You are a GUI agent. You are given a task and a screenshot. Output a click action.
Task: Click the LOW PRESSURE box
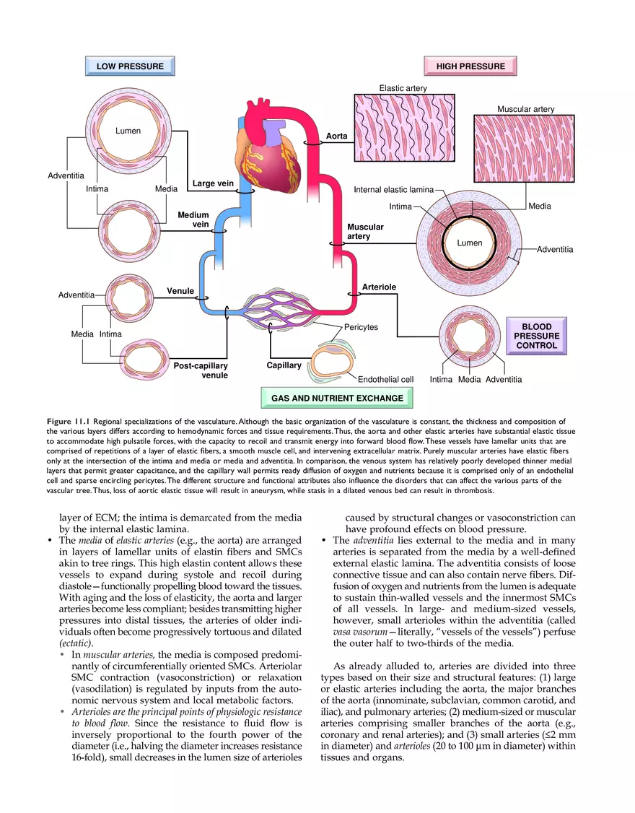pyautogui.click(x=130, y=66)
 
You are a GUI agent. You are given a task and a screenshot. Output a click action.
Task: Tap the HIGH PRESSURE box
pyautogui.click(x=470, y=66)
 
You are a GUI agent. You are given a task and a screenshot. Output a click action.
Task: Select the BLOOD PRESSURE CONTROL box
pyautogui.click(x=536, y=336)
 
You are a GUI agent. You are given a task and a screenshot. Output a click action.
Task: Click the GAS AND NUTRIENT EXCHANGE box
pyautogui.click(x=337, y=398)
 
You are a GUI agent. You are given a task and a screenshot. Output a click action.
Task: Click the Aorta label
pyautogui.click(x=336, y=136)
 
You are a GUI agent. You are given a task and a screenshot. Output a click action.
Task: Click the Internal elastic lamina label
pyautogui.click(x=393, y=190)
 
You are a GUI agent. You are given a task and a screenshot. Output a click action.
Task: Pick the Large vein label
pyautogui.click(x=213, y=183)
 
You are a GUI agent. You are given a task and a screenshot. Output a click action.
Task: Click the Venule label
pyautogui.click(x=180, y=291)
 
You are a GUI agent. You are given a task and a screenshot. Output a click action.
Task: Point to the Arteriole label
pyautogui.click(x=379, y=287)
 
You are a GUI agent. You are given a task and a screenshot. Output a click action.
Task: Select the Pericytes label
pyautogui.click(x=361, y=328)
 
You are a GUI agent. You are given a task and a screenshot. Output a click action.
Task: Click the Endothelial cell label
pyautogui.click(x=385, y=380)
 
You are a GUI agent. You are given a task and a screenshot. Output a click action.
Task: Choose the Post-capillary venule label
pyautogui.click(x=201, y=370)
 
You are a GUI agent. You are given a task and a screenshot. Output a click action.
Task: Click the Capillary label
pyautogui.click(x=284, y=365)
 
